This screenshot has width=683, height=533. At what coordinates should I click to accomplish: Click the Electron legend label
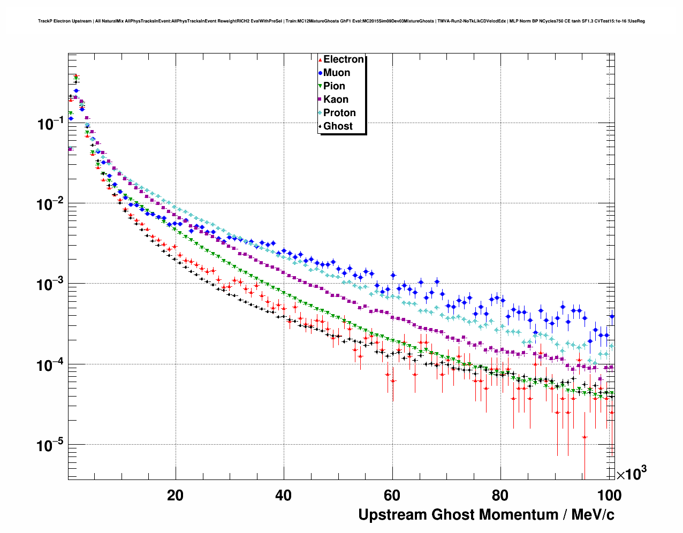point(343,59)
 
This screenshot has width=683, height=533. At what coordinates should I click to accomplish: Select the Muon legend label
point(337,73)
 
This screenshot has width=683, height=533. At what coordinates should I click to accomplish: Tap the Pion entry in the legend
point(334,86)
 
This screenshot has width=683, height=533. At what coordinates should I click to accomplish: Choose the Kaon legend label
point(336,100)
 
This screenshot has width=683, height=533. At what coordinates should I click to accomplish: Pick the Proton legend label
point(339,113)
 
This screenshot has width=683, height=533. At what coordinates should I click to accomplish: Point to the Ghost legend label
point(338,126)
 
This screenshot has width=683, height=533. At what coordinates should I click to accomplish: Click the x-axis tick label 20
point(175,496)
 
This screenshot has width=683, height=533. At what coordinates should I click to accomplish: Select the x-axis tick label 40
point(284,496)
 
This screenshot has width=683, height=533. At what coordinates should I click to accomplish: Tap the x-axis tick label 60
point(392,496)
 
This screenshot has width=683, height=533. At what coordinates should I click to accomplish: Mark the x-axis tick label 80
point(500,496)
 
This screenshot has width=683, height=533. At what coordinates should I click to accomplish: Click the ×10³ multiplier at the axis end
point(632,474)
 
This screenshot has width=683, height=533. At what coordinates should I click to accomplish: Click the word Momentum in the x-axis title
point(511,515)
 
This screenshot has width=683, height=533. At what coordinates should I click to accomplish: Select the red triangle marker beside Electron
point(320,59)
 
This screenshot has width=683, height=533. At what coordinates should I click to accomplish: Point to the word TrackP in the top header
point(45,21)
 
